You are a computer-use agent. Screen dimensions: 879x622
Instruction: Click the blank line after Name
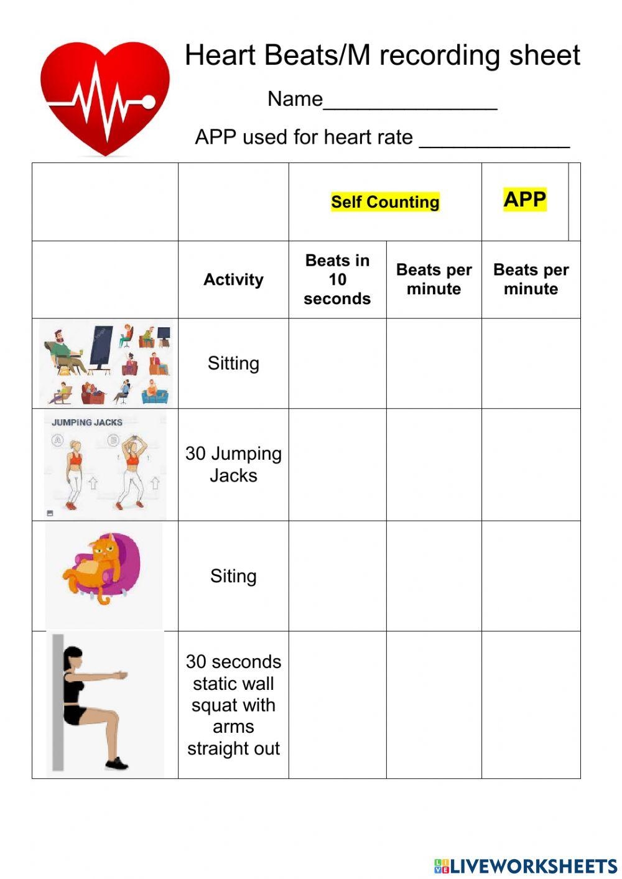tap(410, 103)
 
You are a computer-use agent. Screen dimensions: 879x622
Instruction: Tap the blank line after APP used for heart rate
tap(494, 141)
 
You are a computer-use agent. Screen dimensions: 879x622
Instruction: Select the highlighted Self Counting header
tap(385, 202)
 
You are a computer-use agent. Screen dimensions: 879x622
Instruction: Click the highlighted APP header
tap(525, 200)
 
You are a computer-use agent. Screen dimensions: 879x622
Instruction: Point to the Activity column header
tap(233, 279)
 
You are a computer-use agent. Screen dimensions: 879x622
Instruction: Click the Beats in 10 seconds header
tap(337, 279)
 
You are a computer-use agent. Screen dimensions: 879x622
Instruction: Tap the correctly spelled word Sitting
tap(233, 363)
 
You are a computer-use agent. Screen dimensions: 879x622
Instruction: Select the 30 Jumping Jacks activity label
tap(233, 464)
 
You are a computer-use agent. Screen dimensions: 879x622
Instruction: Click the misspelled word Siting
tap(233, 576)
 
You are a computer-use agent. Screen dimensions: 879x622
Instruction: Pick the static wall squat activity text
tap(233, 704)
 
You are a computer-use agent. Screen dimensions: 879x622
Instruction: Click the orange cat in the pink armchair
tap(100, 566)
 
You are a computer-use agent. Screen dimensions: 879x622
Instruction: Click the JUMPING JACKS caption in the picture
tap(87, 422)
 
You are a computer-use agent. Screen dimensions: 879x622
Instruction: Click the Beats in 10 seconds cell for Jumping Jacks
tap(337, 464)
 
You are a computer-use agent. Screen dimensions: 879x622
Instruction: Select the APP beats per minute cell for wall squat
tap(531, 704)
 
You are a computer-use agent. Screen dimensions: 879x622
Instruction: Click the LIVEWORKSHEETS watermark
tap(526, 866)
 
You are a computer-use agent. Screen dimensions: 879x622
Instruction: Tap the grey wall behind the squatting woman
tap(58, 703)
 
